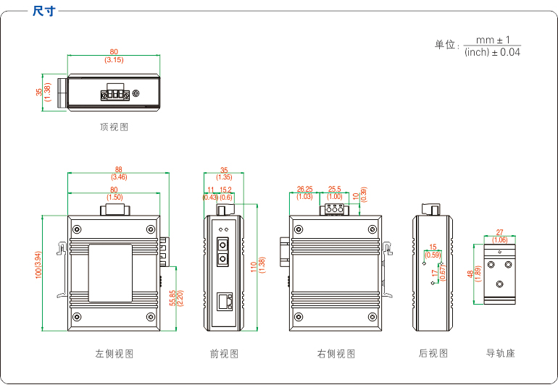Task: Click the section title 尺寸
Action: [x=43, y=11]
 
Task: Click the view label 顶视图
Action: [x=114, y=127]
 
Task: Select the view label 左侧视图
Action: [x=114, y=354]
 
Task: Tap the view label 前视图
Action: [x=224, y=354]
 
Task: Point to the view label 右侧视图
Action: [x=336, y=354]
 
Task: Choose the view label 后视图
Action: [x=433, y=353]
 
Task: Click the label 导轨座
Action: [x=500, y=353]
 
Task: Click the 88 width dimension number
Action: [x=119, y=170]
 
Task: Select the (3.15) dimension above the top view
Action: [x=114, y=59]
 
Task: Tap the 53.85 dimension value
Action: [x=172, y=298]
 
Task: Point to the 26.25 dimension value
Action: [x=304, y=189]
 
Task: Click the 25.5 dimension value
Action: [x=335, y=189]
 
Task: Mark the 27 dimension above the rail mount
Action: [x=499, y=233]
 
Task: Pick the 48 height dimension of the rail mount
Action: [x=470, y=274]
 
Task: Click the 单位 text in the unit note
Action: [x=445, y=45]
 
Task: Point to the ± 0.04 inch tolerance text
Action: [x=507, y=52]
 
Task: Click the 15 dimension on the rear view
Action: [x=433, y=247]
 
